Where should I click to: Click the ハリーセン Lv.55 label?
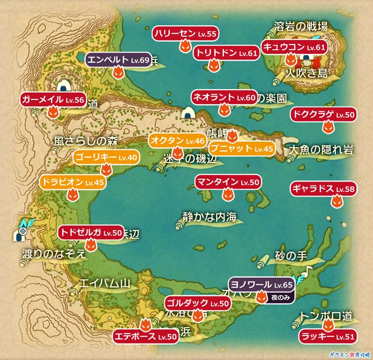point(185,34)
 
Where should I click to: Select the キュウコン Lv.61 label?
point(294,47)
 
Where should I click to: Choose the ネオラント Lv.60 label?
point(224,97)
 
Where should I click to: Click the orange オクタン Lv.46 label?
point(177,140)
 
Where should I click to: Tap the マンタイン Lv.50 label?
point(228,182)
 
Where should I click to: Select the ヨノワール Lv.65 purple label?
point(262,285)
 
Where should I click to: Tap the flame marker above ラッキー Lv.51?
point(327,325)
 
